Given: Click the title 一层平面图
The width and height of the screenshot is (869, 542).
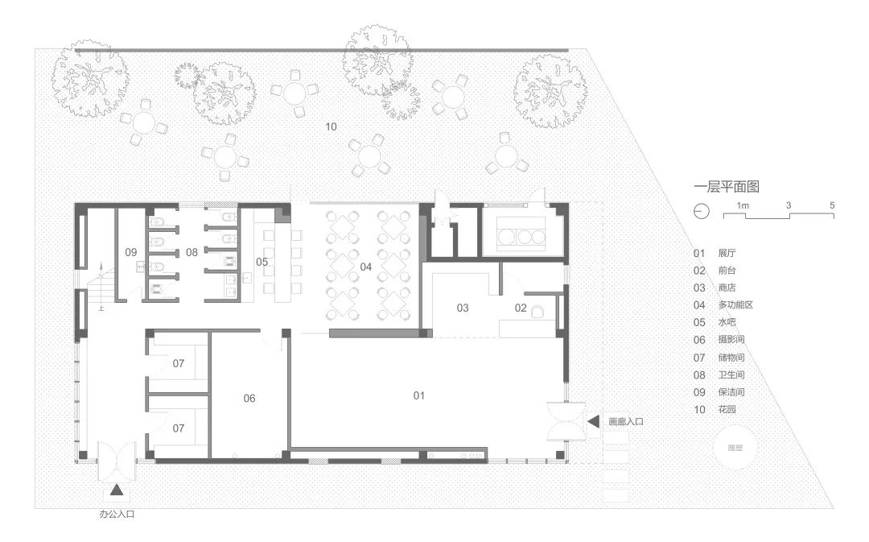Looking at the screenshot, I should (727, 186).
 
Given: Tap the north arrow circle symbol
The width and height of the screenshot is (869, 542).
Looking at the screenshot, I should (701, 211).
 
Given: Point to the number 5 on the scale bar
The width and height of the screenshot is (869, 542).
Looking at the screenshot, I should (832, 205).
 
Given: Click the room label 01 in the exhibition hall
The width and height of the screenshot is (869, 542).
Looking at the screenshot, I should (418, 395).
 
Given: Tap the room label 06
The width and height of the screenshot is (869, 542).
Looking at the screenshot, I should (249, 398).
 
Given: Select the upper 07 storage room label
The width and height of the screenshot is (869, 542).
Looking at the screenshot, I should (179, 364).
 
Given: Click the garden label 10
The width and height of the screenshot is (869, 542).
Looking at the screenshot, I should (332, 126).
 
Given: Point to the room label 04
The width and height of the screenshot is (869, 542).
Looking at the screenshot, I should (366, 266).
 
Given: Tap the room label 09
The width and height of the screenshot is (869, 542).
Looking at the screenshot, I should (130, 252).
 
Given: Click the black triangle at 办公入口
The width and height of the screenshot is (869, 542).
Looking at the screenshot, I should (117, 489).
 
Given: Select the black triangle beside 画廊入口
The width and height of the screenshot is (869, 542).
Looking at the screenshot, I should (593, 421).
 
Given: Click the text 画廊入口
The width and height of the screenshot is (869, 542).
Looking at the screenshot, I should (626, 421).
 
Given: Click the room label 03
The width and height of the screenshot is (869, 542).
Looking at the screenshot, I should (463, 308).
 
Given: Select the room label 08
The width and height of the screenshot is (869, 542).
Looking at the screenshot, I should (192, 252).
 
